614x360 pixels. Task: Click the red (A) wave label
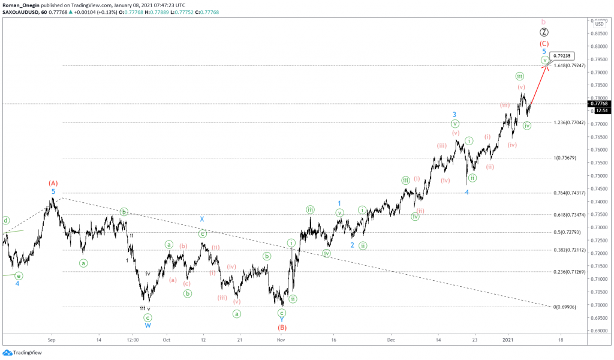pos(53,182)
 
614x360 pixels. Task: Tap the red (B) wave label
pos(282,328)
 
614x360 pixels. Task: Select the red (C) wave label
pos(544,44)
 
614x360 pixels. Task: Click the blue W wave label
pos(148,325)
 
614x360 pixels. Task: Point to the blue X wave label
pos(203,219)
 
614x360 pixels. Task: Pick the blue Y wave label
pos(282,320)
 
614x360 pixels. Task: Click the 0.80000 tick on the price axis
pos(600,46)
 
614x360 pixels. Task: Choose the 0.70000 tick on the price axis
pos(600,305)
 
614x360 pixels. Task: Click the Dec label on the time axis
pos(390,339)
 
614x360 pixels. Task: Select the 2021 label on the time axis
pos(507,339)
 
